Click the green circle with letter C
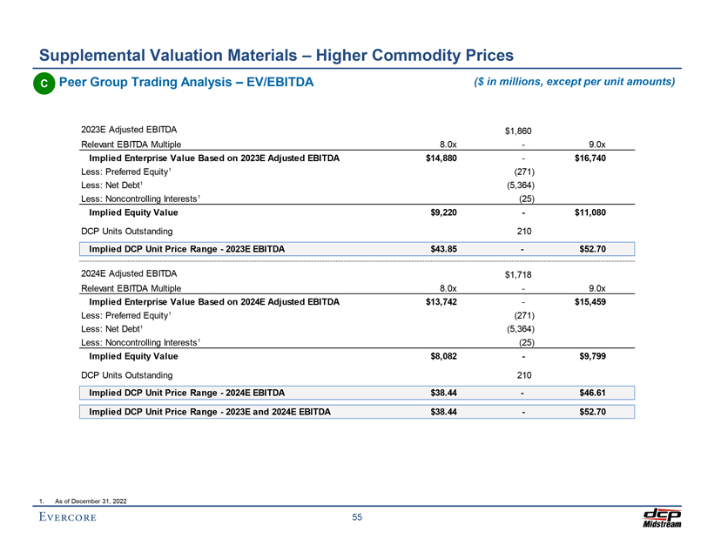tap(42, 84)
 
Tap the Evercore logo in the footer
tap(68, 519)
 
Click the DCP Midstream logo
tap(662, 517)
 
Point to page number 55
tap(357, 519)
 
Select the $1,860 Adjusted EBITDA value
tap(518, 131)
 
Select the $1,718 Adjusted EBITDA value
tap(518, 275)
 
